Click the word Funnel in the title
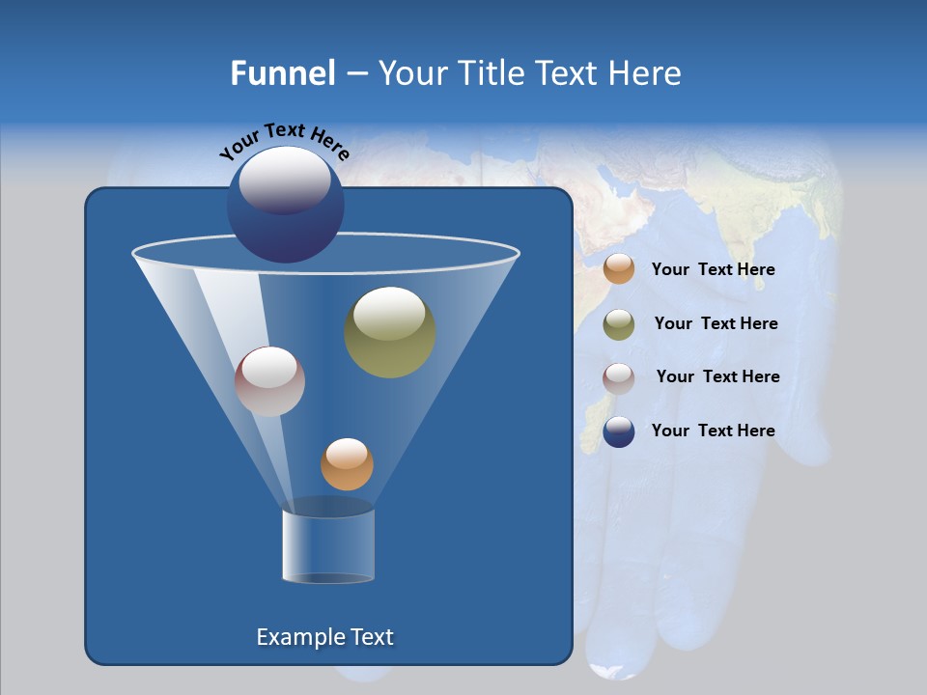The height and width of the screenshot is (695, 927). tap(283, 73)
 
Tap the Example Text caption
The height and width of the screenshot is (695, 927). tap(324, 637)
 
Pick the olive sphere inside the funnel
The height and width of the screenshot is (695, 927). tap(390, 332)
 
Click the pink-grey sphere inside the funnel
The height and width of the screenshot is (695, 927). tap(269, 381)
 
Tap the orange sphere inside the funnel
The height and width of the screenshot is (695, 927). tap(347, 464)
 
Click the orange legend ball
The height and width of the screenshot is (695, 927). tap(619, 269)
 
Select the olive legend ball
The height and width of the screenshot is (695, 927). tap(619, 323)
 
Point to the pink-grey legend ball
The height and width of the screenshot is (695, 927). tap(619, 377)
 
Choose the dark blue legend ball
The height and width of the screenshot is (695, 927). tap(619, 431)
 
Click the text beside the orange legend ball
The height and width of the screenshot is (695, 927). tap(713, 269)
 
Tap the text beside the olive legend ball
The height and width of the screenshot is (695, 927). tap(716, 323)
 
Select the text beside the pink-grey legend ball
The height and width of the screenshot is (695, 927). tap(717, 376)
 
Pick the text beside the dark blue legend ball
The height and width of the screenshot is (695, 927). tap(713, 431)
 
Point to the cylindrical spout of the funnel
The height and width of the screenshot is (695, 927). tap(328, 545)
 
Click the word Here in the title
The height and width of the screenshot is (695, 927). tap(645, 73)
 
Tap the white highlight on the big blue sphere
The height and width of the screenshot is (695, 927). tap(285, 180)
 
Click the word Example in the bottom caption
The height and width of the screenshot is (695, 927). tap(297, 637)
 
